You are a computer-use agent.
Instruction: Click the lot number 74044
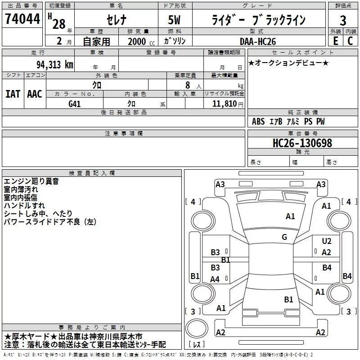point(22,18)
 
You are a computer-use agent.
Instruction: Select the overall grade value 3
point(343,20)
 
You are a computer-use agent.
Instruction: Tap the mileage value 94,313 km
point(55,65)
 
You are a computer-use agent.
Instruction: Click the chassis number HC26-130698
point(302,143)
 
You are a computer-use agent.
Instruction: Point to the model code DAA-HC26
point(257,41)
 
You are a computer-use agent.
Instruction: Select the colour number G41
point(74,104)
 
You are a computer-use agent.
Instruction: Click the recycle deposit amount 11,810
point(224,103)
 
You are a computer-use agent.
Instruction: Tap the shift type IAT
point(13,94)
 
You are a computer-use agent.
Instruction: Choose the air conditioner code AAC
point(35,94)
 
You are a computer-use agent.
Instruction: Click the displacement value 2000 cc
point(141,41)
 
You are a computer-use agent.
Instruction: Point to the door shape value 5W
point(174,20)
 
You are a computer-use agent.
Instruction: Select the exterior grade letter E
point(335,41)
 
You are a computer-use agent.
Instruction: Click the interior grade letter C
point(350,41)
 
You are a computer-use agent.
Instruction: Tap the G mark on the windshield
point(284,237)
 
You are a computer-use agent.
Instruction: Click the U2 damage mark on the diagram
point(327,241)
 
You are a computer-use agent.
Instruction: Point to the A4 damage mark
point(215,279)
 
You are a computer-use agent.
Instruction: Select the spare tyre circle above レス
point(197,328)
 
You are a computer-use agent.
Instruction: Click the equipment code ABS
point(258,121)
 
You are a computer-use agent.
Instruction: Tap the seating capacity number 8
point(188,85)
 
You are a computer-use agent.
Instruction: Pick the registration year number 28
point(59,24)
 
